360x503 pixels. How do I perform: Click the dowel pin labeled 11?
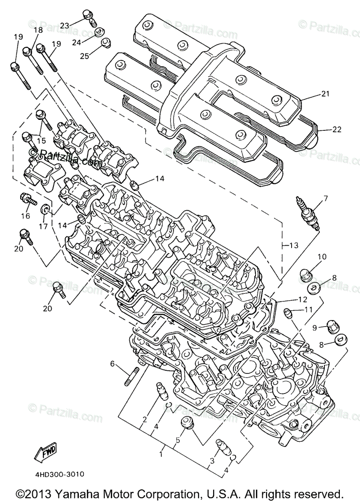tap(287, 312)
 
